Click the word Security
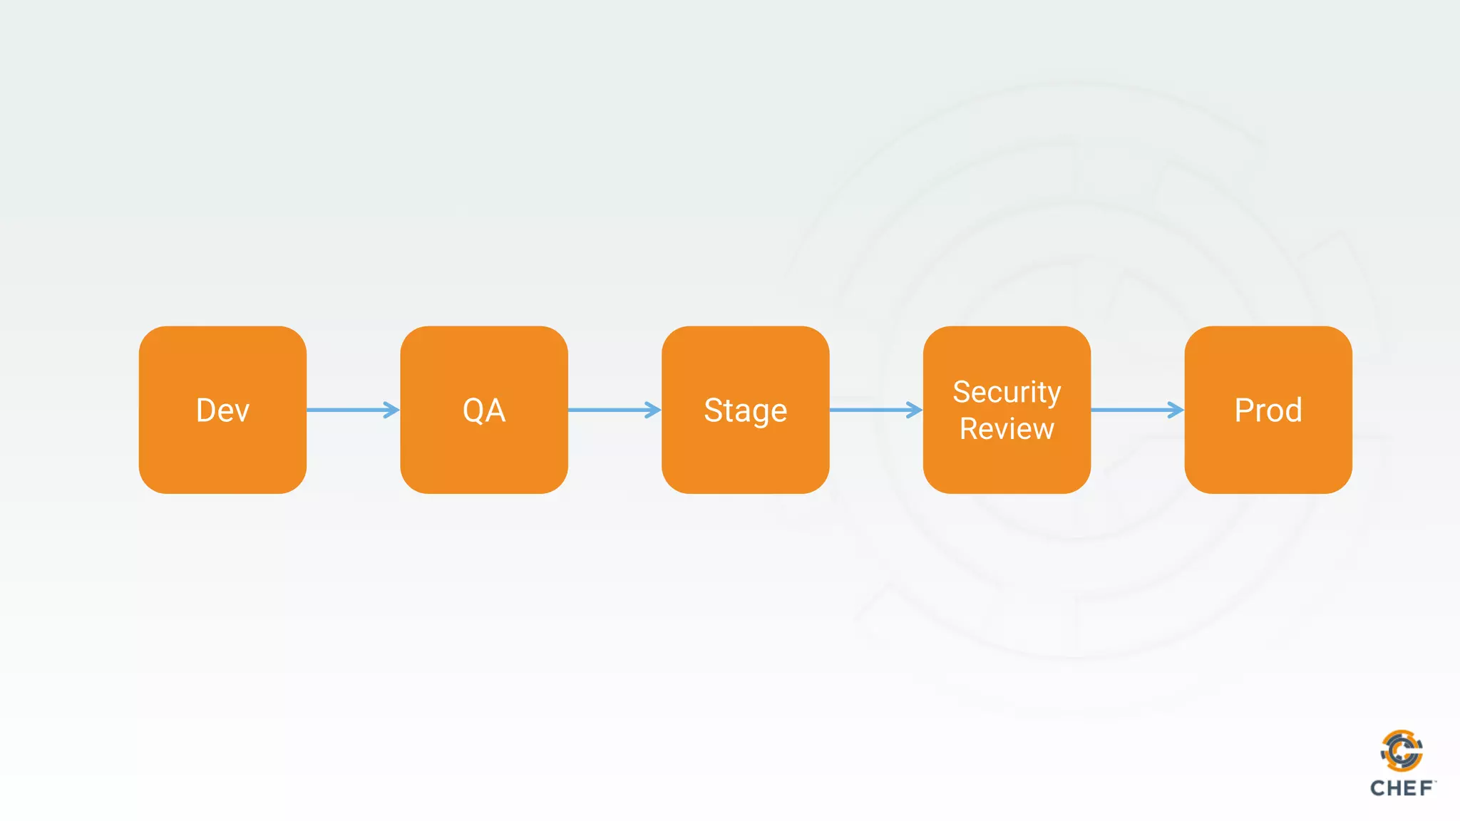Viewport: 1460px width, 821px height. (x=1007, y=392)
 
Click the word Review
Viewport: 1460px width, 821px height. (x=1007, y=429)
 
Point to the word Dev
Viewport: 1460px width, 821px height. (x=222, y=410)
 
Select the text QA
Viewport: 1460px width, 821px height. (x=484, y=410)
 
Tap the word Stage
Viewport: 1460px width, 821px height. (x=745, y=411)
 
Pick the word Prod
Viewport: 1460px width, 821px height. (x=1268, y=410)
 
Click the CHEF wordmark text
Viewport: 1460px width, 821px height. (x=1402, y=788)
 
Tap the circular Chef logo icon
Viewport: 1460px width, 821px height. (x=1402, y=750)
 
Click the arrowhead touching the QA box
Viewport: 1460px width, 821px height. (x=392, y=410)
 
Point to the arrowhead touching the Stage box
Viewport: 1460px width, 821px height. (x=653, y=410)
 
